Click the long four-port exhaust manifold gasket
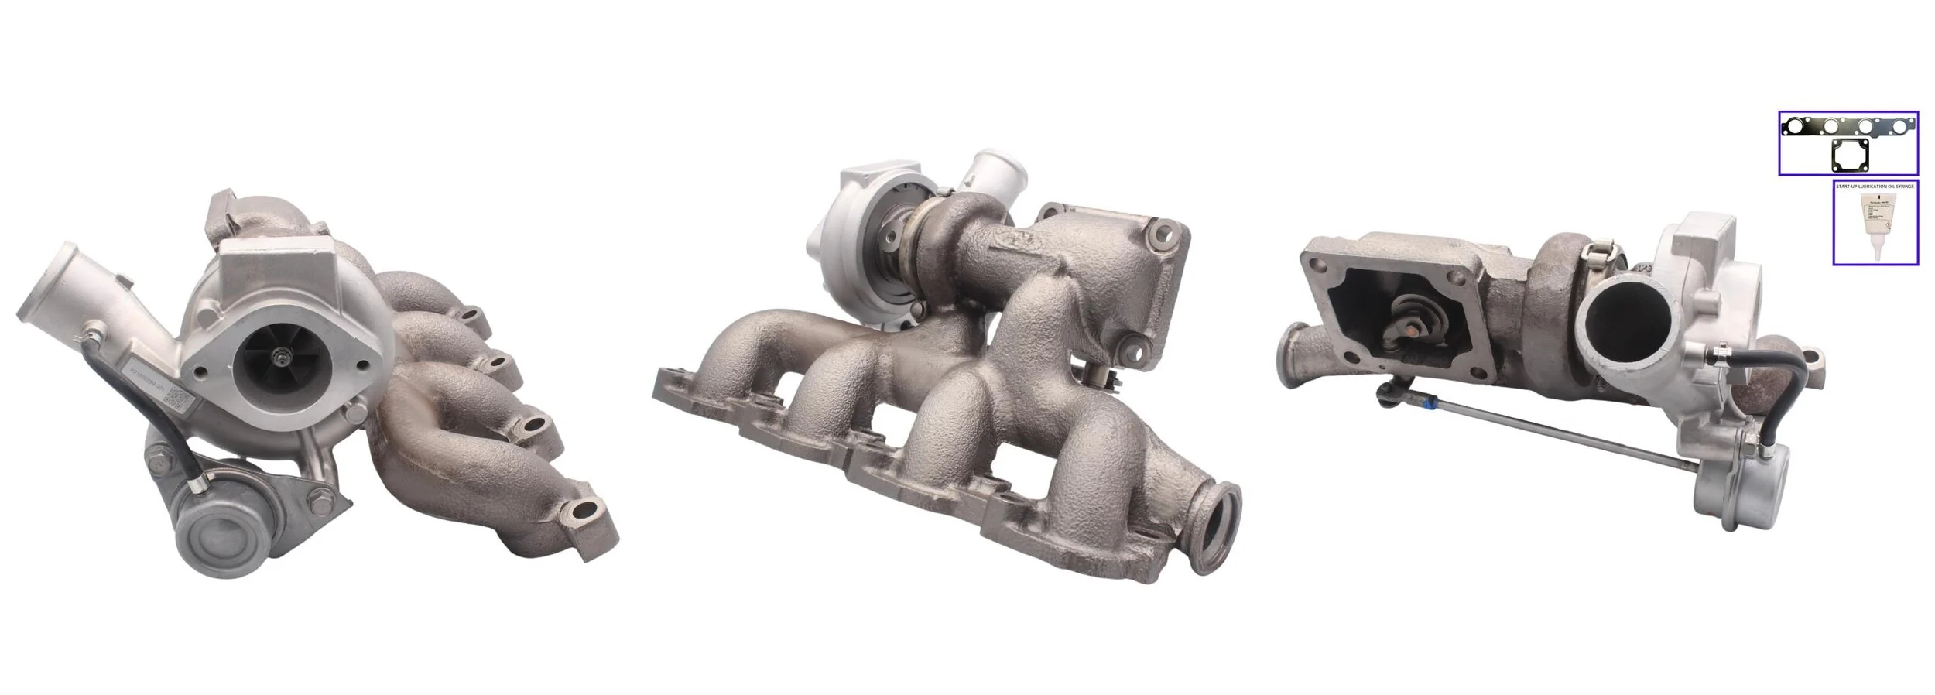1847,126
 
